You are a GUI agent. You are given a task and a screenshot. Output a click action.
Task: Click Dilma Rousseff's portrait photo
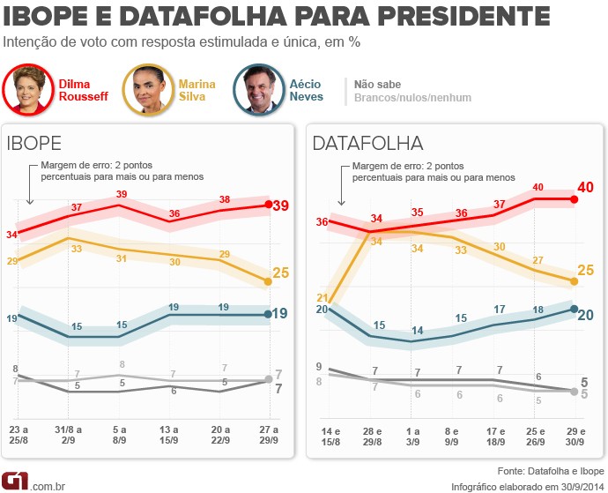(29, 90)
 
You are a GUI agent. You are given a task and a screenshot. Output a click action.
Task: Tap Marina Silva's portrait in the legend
(147, 90)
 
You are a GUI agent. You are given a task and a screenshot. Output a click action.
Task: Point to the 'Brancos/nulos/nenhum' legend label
(412, 98)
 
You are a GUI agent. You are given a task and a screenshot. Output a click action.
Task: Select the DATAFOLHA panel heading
(368, 144)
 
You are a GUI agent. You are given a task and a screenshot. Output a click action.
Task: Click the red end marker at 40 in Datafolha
(574, 199)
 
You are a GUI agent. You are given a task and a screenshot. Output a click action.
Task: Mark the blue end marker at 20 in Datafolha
(574, 309)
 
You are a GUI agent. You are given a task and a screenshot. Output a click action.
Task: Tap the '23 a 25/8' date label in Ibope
(19, 435)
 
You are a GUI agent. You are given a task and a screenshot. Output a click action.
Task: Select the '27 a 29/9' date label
(270, 435)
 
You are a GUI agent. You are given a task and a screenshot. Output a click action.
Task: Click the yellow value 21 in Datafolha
(322, 297)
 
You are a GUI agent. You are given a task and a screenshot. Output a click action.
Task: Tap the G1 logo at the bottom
(15, 481)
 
